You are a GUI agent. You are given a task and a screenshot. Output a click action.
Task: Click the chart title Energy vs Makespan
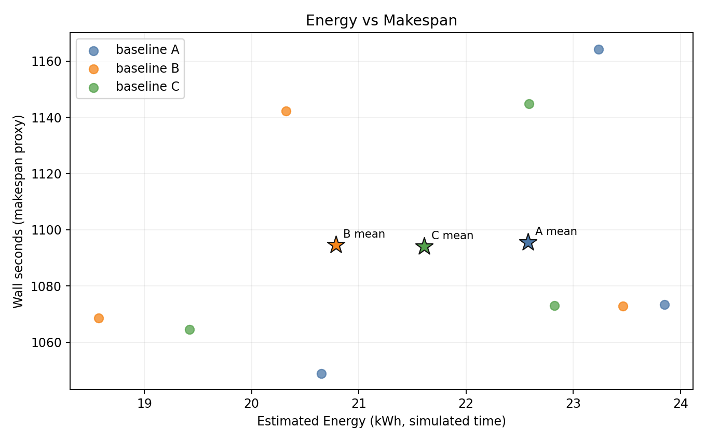[381, 21]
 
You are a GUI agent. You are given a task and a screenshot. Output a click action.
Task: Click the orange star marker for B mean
[336, 245]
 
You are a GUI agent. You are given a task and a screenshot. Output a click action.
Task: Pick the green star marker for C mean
[424, 246]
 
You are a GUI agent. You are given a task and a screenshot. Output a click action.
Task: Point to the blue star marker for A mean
[528, 242]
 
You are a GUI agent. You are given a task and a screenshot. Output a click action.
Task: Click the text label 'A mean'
[556, 231]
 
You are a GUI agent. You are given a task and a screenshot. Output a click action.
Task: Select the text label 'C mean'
[452, 236]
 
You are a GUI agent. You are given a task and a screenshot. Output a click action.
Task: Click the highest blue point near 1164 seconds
[599, 49]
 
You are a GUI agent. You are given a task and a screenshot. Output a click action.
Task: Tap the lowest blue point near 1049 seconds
[321, 374]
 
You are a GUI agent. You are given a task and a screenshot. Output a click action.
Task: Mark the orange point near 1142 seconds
[286, 111]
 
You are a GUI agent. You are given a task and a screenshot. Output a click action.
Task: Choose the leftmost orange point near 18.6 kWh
[99, 318]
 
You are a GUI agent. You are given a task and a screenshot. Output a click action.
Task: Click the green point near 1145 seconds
[529, 104]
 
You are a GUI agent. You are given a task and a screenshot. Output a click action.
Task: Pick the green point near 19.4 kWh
[189, 329]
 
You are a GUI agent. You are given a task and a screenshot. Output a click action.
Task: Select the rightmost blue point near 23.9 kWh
[664, 305]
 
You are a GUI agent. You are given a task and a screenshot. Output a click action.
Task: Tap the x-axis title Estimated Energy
[381, 421]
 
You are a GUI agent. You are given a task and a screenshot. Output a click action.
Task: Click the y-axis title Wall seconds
[19, 211]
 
